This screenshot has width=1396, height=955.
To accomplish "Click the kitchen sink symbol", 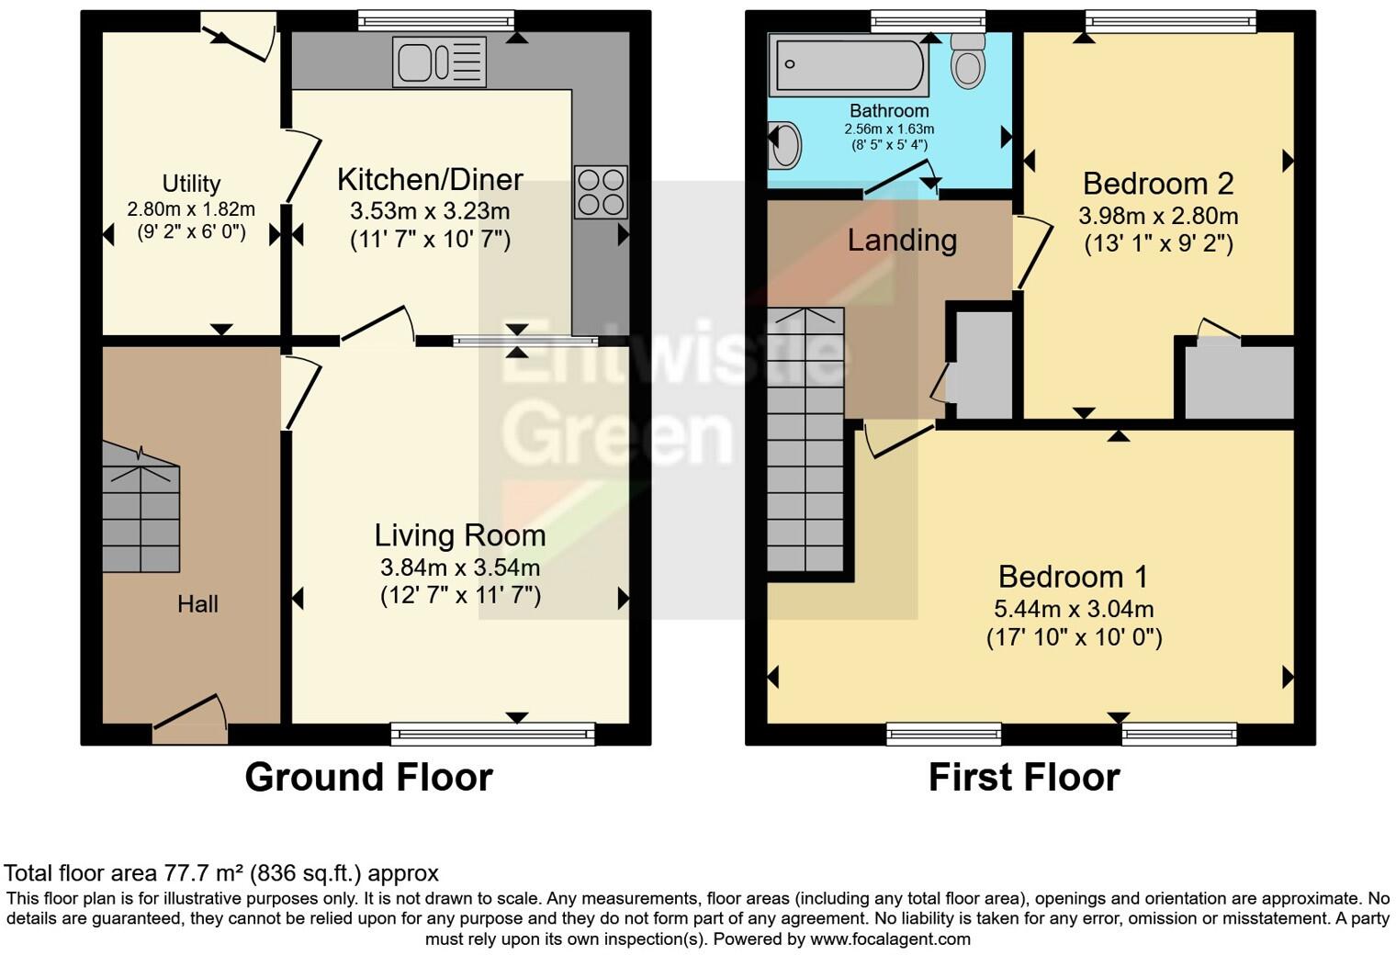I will click(439, 62).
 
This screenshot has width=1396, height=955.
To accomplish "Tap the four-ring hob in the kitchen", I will click(601, 192).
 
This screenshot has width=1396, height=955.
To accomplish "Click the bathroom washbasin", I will click(783, 146).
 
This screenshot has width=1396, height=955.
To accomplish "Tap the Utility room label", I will click(191, 184).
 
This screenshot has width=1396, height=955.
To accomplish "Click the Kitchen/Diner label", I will click(430, 179).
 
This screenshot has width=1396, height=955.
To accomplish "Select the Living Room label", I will click(460, 535).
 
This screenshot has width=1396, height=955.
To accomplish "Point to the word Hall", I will click(197, 604).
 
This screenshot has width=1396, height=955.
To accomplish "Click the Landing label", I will click(902, 240).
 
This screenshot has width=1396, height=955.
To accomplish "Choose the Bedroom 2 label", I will click(1157, 184).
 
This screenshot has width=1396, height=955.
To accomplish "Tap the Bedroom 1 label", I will click(1073, 577).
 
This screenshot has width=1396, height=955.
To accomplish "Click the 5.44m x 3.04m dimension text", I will click(1074, 609).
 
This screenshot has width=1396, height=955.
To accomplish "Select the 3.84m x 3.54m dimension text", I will click(460, 567).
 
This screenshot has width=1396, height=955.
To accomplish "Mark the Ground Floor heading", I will click(368, 778).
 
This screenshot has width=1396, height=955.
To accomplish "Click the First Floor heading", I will click(1024, 778).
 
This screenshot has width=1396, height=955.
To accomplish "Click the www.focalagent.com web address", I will click(890, 939).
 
